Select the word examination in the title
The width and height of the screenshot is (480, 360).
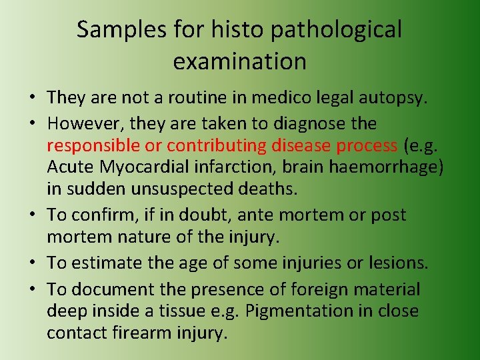tap(239, 61)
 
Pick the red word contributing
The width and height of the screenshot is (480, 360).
tap(217, 145)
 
